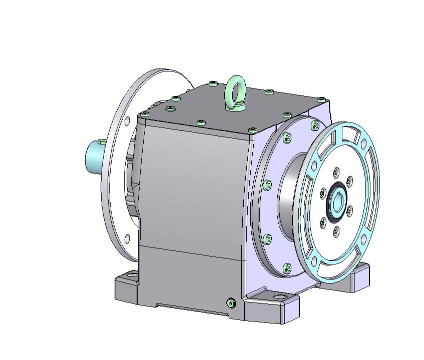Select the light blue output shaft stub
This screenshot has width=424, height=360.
pos(94,155)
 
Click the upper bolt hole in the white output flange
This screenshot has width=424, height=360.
pos(127,120)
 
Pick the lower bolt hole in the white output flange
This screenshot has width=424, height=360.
pos(126,238)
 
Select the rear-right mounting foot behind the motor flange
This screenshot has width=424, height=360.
pos(356,277)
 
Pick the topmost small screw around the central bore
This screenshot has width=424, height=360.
pos(336,172)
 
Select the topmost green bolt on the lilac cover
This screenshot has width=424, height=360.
pos(315,123)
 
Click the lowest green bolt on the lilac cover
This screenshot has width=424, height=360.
pos(286,268)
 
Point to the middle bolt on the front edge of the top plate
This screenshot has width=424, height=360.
pos(201,122)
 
